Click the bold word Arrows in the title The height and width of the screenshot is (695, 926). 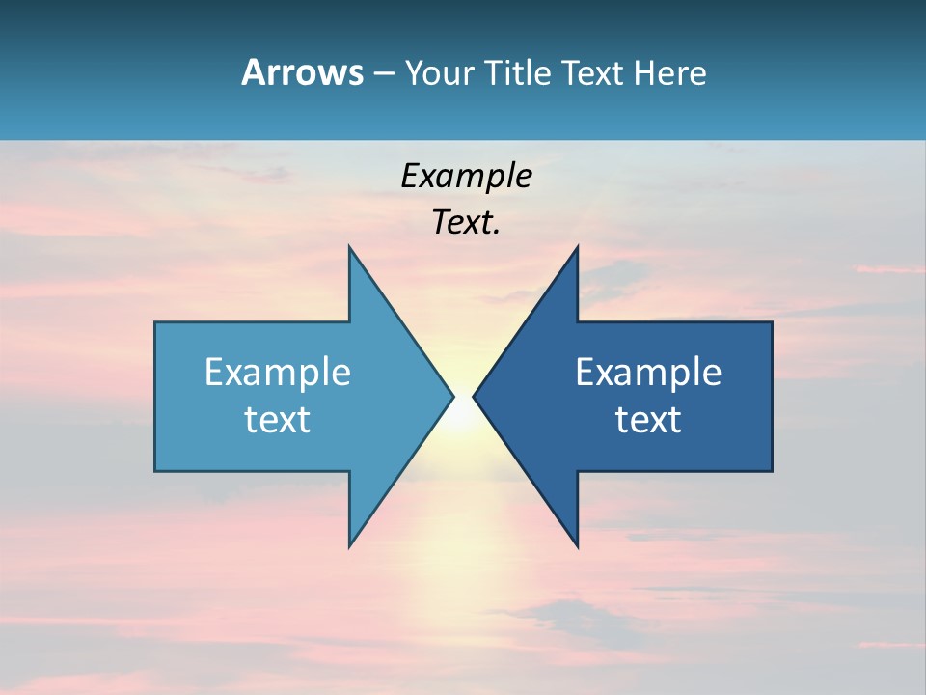pyautogui.click(x=302, y=72)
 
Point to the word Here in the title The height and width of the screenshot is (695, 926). pyautogui.click(x=669, y=72)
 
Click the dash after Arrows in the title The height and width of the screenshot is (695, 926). pyautogui.click(x=383, y=73)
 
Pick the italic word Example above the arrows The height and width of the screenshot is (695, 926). pyautogui.click(x=466, y=176)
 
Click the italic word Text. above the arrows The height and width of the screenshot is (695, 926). pyautogui.click(x=466, y=222)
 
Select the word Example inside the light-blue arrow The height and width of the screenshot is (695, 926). pyautogui.click(x=278, y=372)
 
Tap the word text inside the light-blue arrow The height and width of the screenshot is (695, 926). pyautogui.click(x=278, y=419)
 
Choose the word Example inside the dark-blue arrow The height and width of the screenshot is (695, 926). pyautogui.click(x=648, y=372)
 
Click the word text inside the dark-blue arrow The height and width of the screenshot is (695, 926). pyautogui.click(x=648, y=419)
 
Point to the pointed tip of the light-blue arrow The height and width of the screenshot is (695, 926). pyautogui.click(x=452, y=396)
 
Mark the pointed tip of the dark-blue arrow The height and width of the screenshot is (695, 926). pyautogui.click(x=474, y=396)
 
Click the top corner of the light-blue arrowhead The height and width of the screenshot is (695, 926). pyautogui.click(x=349, y=247)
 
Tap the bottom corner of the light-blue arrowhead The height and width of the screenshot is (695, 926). pyautogui.click(x=349, y=546)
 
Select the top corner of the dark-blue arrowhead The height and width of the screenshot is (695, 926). pyautogui.click(x=577, y=247)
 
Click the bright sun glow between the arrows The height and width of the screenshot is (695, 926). pyautogui.click(x=463, y=410)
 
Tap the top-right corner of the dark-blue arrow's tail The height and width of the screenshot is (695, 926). pyautogui.click(x=772, y=322)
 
